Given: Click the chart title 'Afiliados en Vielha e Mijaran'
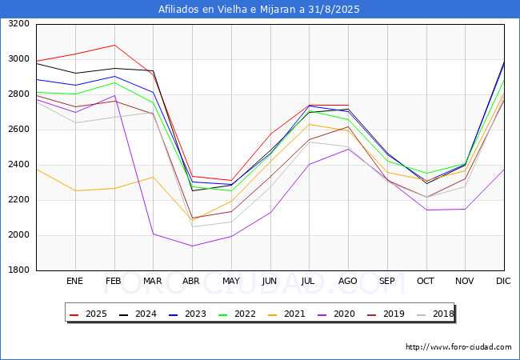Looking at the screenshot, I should point(259,10).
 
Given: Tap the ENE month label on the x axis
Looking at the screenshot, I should point(74,282).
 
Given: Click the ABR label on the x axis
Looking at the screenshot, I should point(192,282).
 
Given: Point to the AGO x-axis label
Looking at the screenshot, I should point(348,282).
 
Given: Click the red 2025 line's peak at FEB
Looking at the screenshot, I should point(114,45).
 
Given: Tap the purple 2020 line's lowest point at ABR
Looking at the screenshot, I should point(192,246).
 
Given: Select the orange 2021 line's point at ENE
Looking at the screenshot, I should point(75,190).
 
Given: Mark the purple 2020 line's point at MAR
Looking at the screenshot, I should point(153,234).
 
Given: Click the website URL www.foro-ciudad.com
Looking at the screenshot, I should point(458,347).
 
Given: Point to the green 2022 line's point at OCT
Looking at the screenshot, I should point(426,174).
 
